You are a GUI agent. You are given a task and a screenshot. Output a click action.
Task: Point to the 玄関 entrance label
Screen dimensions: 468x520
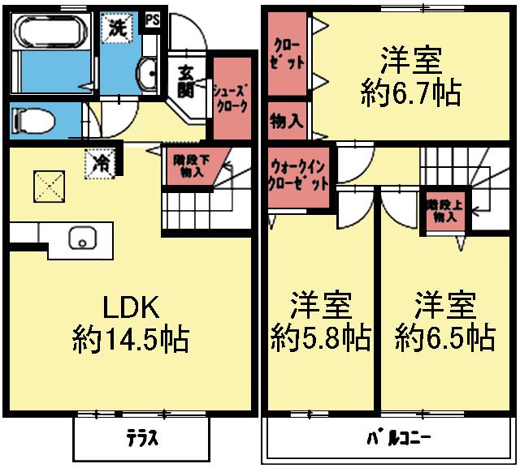point(183,79)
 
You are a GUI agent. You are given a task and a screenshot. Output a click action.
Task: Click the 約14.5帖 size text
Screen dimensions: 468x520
point(132,338)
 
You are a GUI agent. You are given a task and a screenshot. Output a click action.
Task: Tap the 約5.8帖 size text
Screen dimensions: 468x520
point(320,334)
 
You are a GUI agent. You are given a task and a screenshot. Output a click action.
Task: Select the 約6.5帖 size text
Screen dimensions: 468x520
point(444,334)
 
